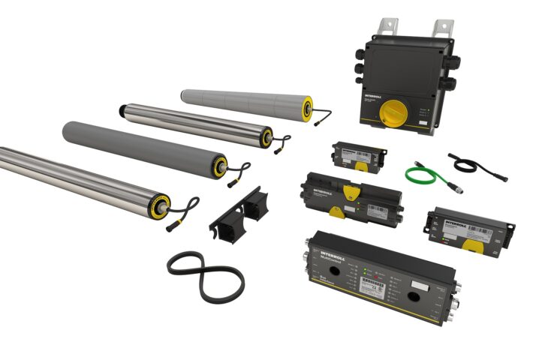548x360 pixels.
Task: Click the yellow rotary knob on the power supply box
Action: [x=392, y=113]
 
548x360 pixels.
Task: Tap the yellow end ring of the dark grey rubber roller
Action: [x=219, y=166]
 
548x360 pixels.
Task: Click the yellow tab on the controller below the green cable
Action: [x=472, y=245]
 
